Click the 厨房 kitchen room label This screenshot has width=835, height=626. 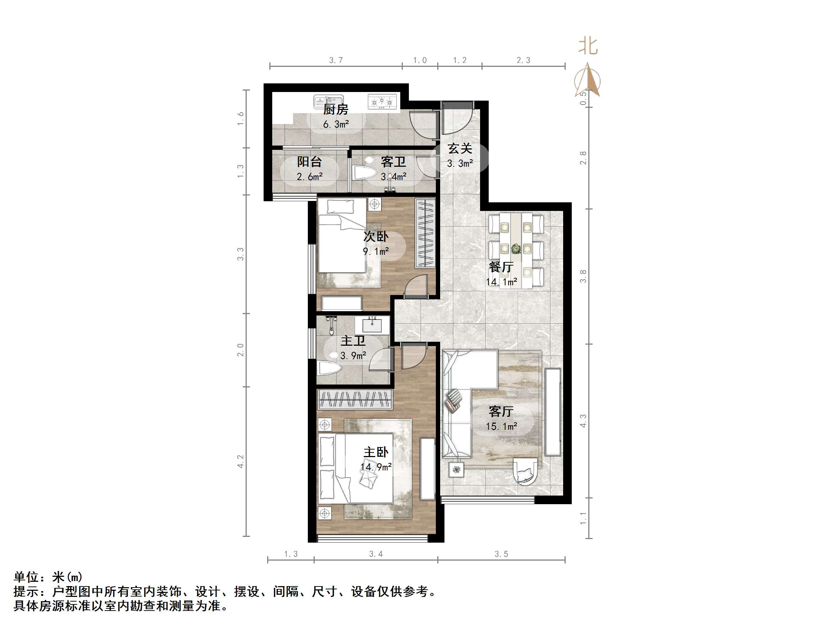[x=336, y=110]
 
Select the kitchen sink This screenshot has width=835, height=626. [x=328, y=102]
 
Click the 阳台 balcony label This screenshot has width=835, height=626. [x=309, y=162]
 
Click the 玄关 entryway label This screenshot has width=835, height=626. [x=460, y=149]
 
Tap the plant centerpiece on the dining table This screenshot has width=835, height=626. [x=516, y=249]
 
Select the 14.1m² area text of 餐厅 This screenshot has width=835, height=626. [x=501, y=282]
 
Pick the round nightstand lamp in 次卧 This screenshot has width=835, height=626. [x=374, y=204]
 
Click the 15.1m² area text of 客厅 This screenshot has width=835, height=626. [x=501, y=427]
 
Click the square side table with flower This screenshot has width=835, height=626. [x=456, y=470]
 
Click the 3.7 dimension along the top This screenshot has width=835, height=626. [x=336, y=60]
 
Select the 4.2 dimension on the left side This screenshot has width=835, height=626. [x=241, y=461]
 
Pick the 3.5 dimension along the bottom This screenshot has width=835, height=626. [x=501, y=554]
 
